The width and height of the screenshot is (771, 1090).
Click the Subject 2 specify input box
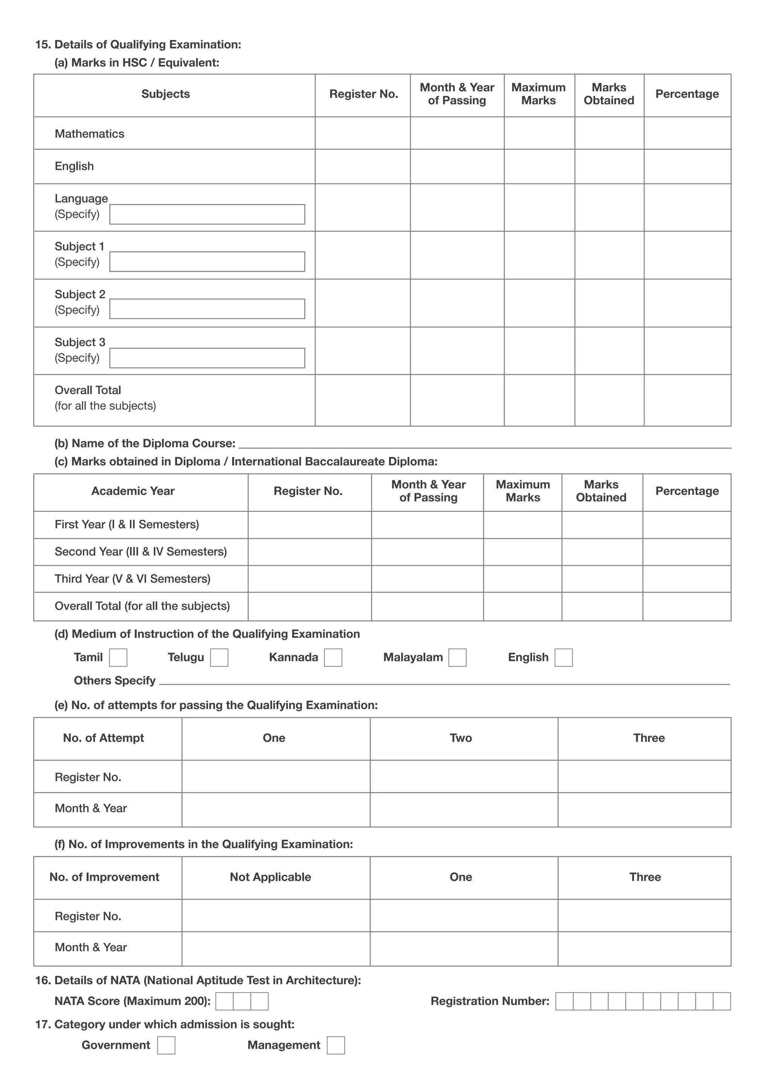point(207,309)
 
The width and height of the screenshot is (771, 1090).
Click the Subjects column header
point(165,94)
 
